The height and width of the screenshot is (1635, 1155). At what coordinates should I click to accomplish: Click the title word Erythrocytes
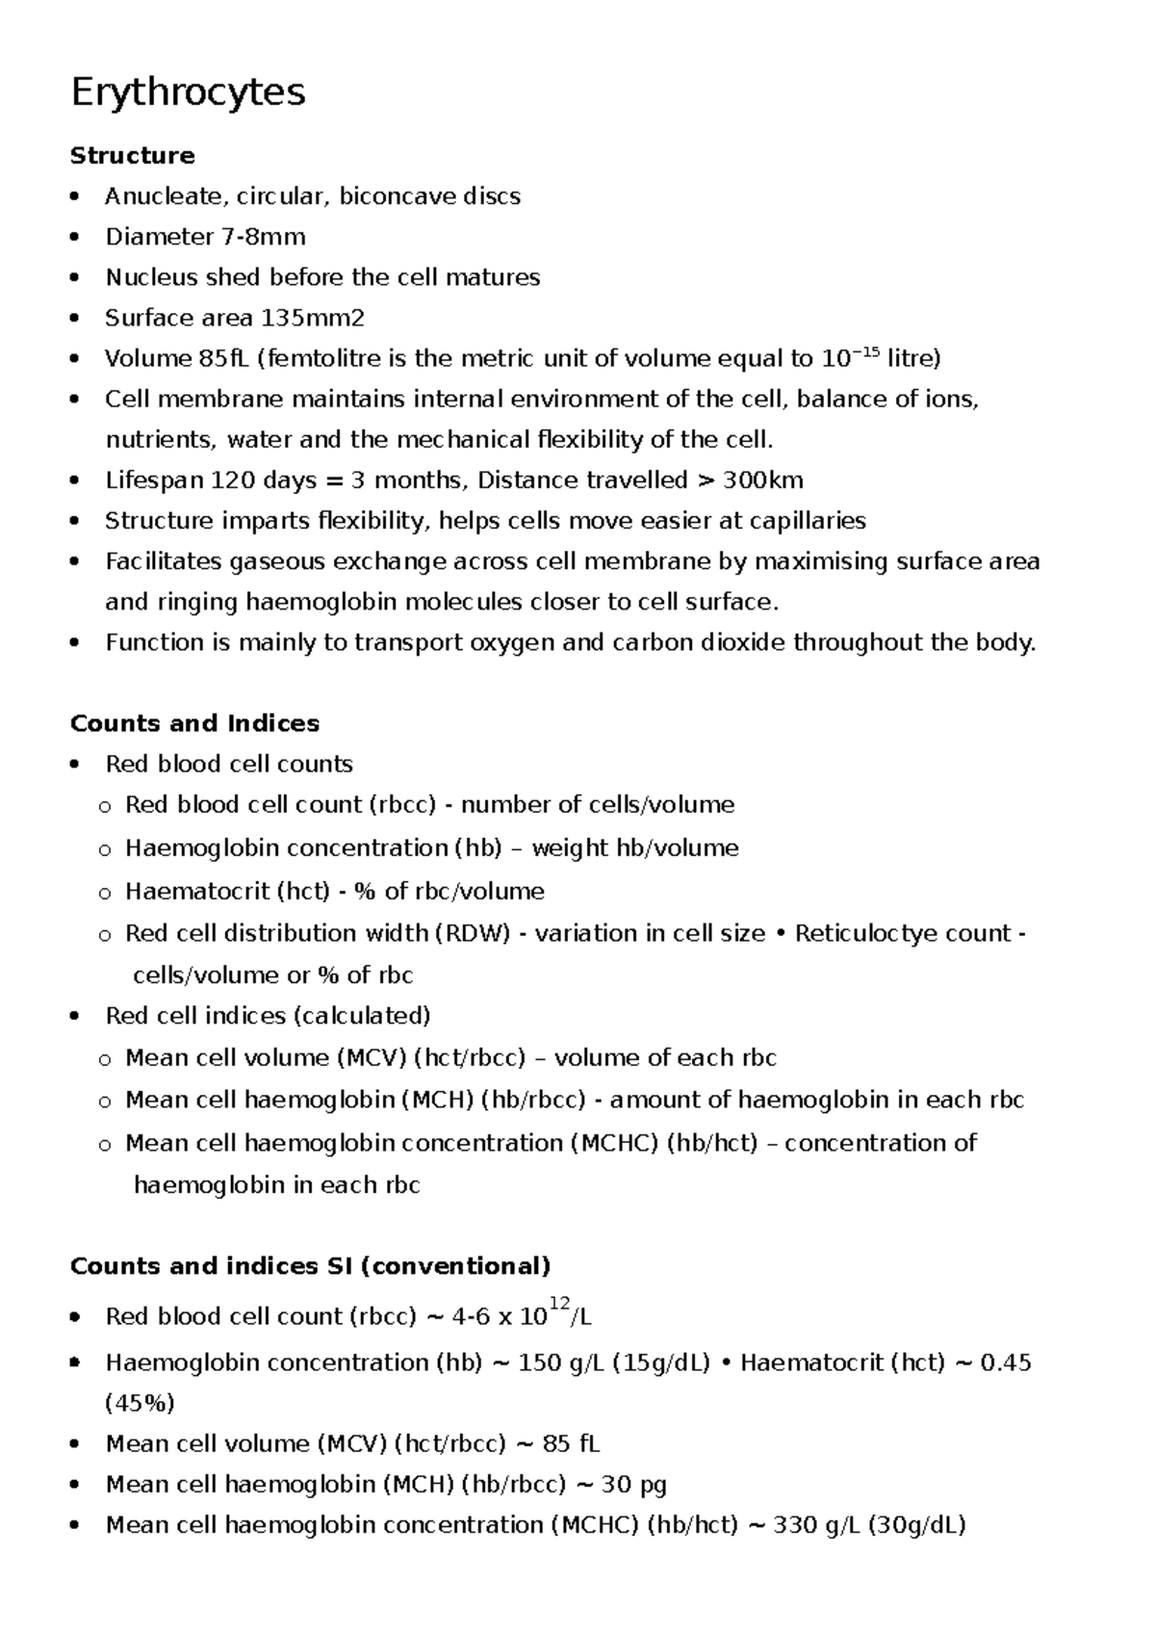pyautogui.click(x=189, y=92)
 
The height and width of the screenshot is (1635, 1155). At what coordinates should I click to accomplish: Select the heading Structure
pyautogui.click(x=133, y=156)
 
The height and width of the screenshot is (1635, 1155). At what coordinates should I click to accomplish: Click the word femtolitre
pyautogui.click(x=326, y=359)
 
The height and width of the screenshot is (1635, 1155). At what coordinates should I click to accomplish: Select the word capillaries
pyautogui.click(x=807, y=521)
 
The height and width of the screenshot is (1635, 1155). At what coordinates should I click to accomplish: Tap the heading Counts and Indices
pyautogui.click(x=194, y=723)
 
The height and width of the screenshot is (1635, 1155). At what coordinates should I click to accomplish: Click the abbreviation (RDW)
pyautogui.click(x=472, y=933)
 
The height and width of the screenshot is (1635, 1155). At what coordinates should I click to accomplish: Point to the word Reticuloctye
pyautogui.click(x=865, y=933)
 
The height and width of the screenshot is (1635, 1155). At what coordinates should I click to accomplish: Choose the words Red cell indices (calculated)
pyautogui.click(x=268, y=1016)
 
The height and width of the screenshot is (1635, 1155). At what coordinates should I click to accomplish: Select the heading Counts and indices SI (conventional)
pyautogui.click(x=310, y=1265)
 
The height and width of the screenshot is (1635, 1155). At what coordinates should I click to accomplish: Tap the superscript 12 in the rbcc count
pyautogui.click(x=559, y=1304)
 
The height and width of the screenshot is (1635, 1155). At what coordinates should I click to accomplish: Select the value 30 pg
pyautogui.click(x=634, y=1485)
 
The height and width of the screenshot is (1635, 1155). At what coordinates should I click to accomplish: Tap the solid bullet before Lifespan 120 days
pyautogui.click(x=75, y=480)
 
